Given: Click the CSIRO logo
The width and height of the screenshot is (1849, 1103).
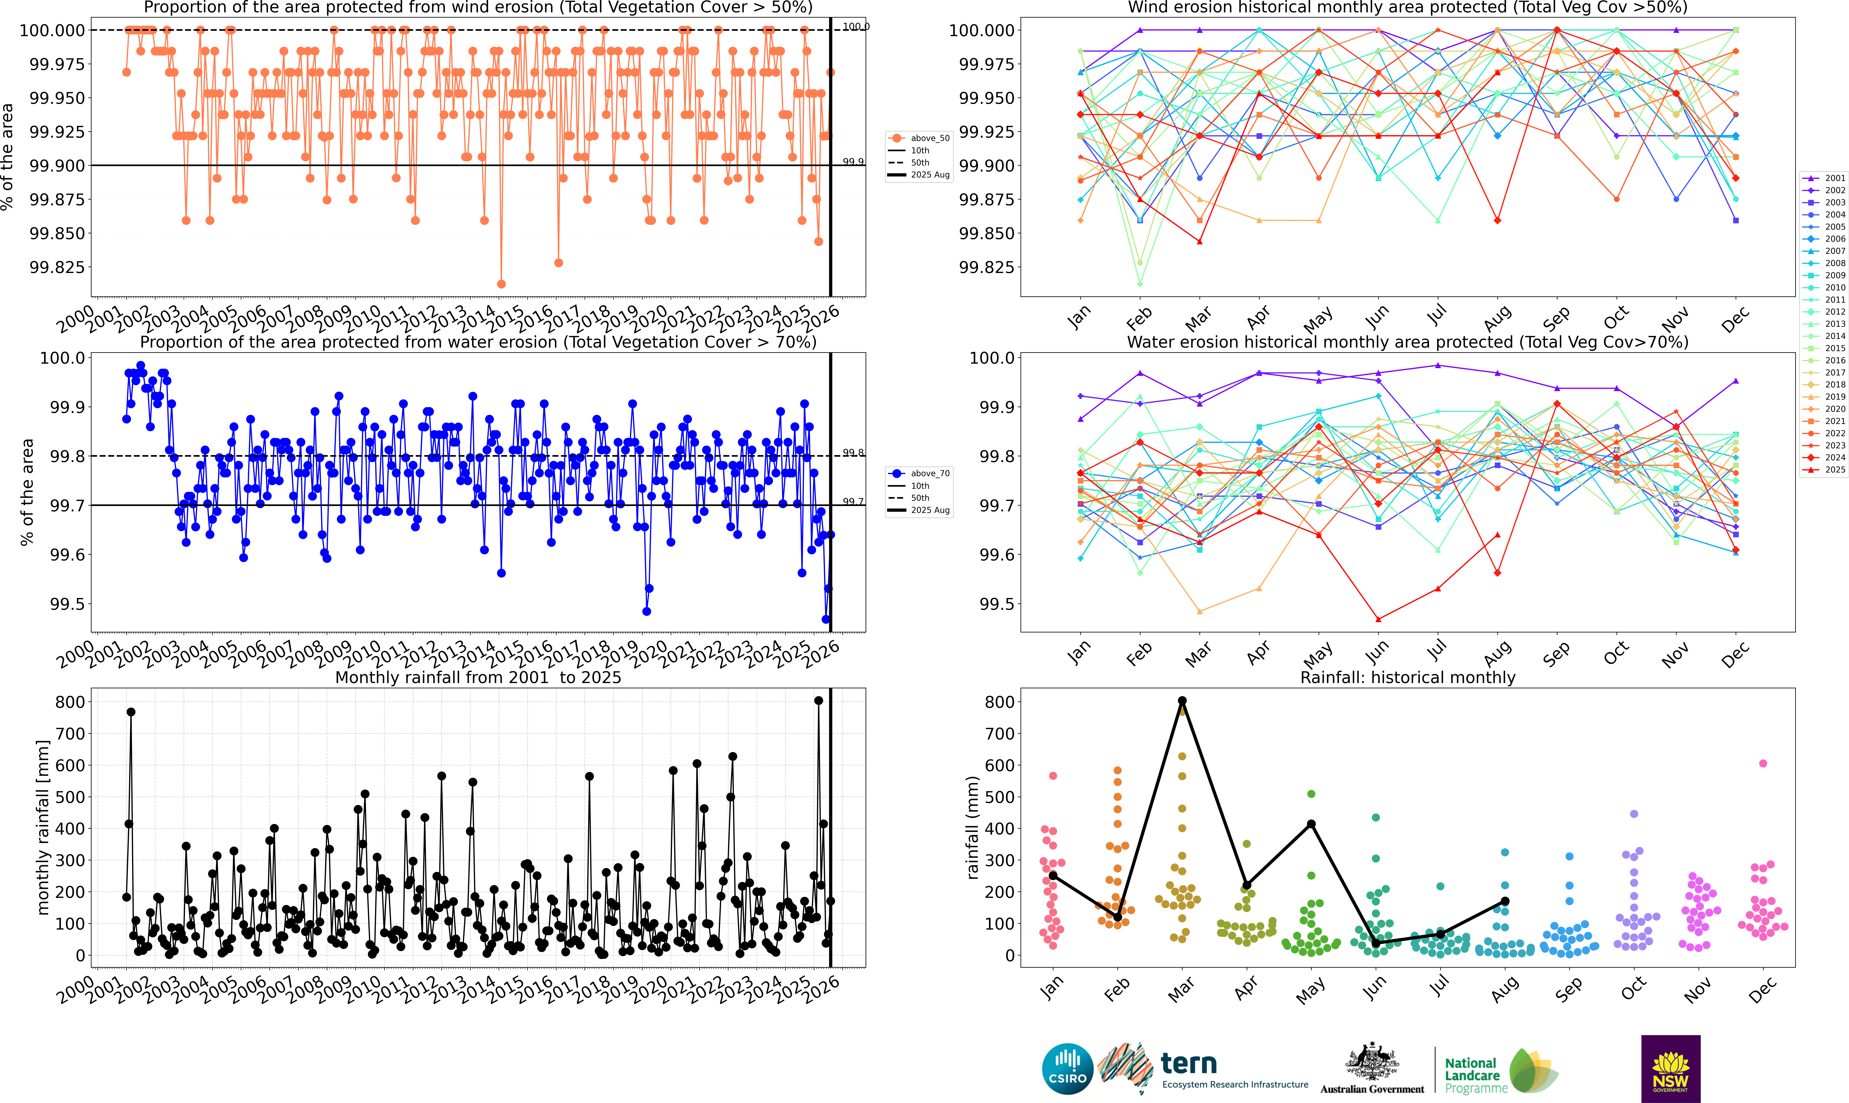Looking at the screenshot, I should coord(1068,1069).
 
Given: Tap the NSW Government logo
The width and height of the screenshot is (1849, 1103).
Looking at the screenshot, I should coord(1671,1069).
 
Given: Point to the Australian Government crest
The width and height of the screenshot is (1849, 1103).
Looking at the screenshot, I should coord(1372,1069).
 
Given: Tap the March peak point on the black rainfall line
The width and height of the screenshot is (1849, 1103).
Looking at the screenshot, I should coord(1182,701).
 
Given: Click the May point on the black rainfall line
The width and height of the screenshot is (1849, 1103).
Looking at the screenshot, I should coord(1311,824).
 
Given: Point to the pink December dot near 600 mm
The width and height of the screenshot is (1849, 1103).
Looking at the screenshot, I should coord(1763,763).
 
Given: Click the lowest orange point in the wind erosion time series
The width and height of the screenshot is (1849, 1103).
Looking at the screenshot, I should coord(501,284).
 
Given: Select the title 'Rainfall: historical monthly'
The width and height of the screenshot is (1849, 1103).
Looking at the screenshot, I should coord(1407,678).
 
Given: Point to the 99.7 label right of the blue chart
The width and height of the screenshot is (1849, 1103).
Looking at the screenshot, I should coord(853,502).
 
